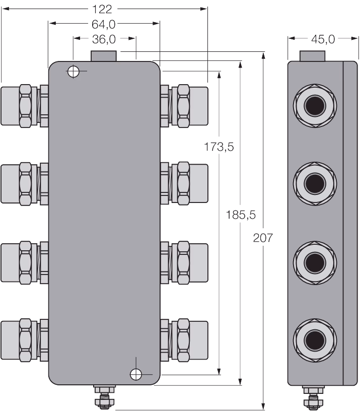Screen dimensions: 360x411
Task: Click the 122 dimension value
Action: pyautogui.click(x=102, y=10)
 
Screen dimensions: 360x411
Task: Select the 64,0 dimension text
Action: pyautogui.click(x=104, y=24)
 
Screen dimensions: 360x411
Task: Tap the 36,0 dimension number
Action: pyautogui.click(x=104, y=39)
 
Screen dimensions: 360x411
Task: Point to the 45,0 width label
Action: pyautogui.click(x=323, y=39)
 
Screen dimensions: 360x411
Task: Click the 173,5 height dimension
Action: pyautogui.click(x=219, y=147)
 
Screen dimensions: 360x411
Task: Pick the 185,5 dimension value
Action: pyautogui.click(x=241, y=215)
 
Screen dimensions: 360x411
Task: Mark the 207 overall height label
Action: pyautogui.click(x=263, y=238)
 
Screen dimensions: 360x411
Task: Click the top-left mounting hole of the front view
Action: pyautogui.click(x=74, y=72)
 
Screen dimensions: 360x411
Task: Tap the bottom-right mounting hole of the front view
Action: pyautogui.click(x=136, y=374)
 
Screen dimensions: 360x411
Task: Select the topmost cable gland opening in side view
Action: pyautogui.click(x=315, y=106)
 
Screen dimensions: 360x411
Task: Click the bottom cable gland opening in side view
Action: pyautogui.click(x=315, y=340)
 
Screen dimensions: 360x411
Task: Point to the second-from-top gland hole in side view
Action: pyautogui.click(x=315, y=184)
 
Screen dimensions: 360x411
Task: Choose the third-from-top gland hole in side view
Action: pyautogui.click(x=315, y=262)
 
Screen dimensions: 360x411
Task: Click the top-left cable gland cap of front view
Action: pyautogui.click(x=11, y=106)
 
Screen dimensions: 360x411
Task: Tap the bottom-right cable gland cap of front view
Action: pyautogui.click(x=198, y=340)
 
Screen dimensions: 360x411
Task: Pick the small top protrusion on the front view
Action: pyautogui.click(x=104, y=56)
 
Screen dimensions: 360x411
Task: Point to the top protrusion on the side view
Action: pyautogui.click(x=312, y=56)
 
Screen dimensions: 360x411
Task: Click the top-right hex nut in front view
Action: pyautogui.click(x=183, y=106)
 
